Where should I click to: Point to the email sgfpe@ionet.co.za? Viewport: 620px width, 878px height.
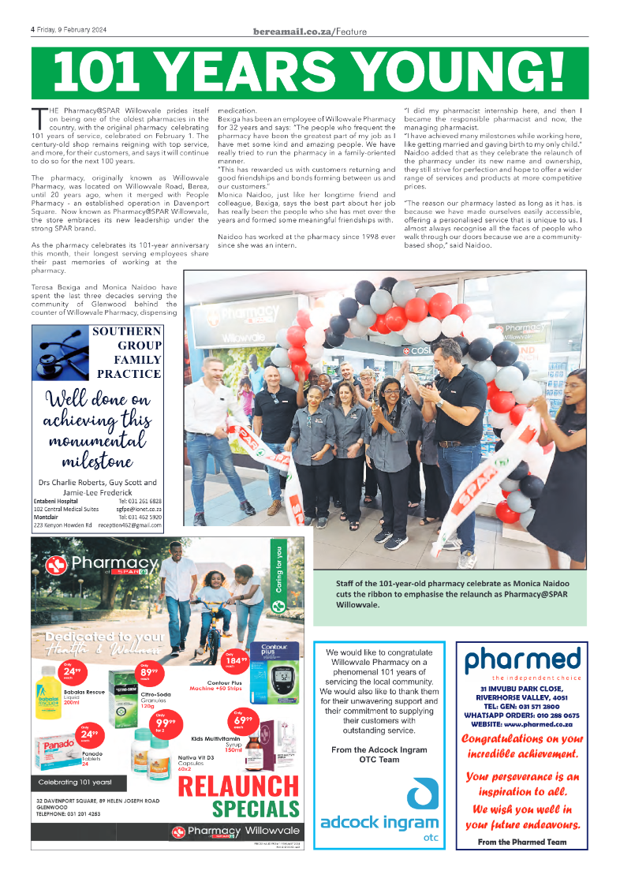tap(140, 510)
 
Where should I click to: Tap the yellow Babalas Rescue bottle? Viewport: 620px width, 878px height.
tap(49, 691)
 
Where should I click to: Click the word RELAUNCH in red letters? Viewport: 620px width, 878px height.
tap(238, 787)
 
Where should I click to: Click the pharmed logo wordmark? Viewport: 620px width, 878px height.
tap(522, 660)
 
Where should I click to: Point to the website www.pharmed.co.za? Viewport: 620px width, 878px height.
tap(521, 723)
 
